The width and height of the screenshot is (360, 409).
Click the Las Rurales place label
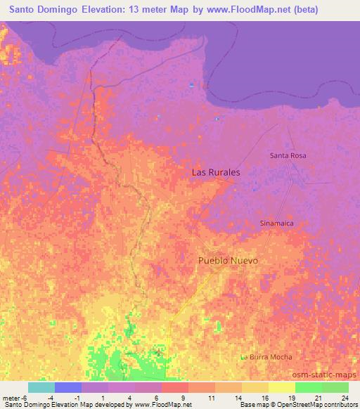216,172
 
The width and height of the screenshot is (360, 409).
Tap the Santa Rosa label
288,155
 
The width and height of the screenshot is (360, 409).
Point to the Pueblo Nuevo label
228,261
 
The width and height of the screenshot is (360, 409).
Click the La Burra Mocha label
269,357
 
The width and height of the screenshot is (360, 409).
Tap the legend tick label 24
345,397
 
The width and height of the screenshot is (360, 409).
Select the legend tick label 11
211,397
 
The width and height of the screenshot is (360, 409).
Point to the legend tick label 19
291,397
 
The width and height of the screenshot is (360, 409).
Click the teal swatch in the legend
41,387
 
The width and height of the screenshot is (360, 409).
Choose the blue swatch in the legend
68,387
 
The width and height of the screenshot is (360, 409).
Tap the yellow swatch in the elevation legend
282,387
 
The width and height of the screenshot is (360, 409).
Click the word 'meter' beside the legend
12,397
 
